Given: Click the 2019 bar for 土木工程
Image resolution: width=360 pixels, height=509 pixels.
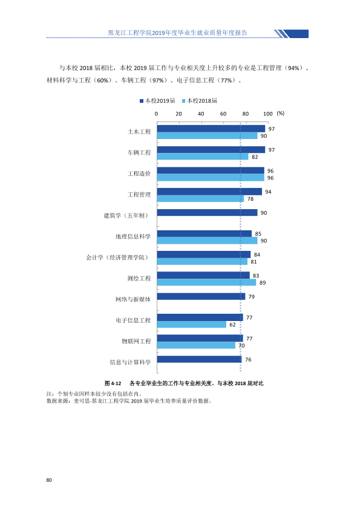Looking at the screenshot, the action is point(211,129).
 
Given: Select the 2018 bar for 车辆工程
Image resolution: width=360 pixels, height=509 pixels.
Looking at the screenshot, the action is point(203,157).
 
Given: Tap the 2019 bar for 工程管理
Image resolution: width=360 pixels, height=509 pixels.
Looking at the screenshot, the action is point(209,192).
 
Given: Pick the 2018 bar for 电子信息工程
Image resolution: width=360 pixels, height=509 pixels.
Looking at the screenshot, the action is point(192,324).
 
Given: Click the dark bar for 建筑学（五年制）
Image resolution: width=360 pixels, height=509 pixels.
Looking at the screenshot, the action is point(208,213).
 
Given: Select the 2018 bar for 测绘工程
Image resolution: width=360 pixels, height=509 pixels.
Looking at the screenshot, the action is point(207,282).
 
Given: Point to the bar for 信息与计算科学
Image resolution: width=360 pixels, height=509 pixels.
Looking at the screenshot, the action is point(200,359).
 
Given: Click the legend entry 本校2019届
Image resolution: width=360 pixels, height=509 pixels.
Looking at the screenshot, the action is point(157,100).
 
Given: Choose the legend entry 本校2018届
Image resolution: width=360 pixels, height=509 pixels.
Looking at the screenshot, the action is point(200,100).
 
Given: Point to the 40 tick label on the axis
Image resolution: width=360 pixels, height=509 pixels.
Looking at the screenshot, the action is point(201,114).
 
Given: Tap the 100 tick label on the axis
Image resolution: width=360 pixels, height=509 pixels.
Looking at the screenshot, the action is point(267,114).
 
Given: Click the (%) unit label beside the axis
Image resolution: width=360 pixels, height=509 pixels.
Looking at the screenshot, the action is point(280,113).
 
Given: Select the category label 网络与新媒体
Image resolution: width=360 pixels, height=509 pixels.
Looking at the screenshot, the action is point(133,299).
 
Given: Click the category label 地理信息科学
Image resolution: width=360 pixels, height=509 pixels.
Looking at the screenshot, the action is point(133,236).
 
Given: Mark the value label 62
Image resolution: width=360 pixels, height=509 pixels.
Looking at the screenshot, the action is point(232,325).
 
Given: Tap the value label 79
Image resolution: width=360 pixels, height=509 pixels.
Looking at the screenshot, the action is point(252,297).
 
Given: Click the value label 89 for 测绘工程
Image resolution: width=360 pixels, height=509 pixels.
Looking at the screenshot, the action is point(263,283).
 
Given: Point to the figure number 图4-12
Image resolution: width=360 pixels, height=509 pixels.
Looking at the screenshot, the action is point(113,383).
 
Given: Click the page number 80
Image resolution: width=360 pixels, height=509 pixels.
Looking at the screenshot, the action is point(49,480).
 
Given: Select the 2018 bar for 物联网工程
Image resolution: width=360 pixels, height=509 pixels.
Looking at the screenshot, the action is point(196,345).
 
